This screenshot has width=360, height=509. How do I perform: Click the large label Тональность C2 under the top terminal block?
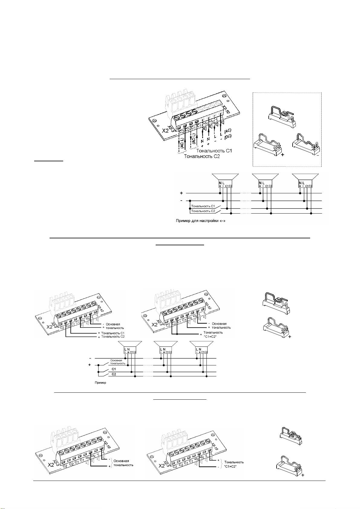[202, 156]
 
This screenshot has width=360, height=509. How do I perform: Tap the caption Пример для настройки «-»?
[201, 221]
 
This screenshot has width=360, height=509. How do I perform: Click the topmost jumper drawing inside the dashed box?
[282, 114]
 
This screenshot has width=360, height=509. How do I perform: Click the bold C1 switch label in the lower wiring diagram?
[114, 369]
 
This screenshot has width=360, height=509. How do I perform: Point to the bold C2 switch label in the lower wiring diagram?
[114, 374]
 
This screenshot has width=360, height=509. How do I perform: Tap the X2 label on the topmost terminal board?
[165, 131]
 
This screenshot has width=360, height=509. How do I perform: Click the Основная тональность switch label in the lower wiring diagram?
[116, 362]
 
